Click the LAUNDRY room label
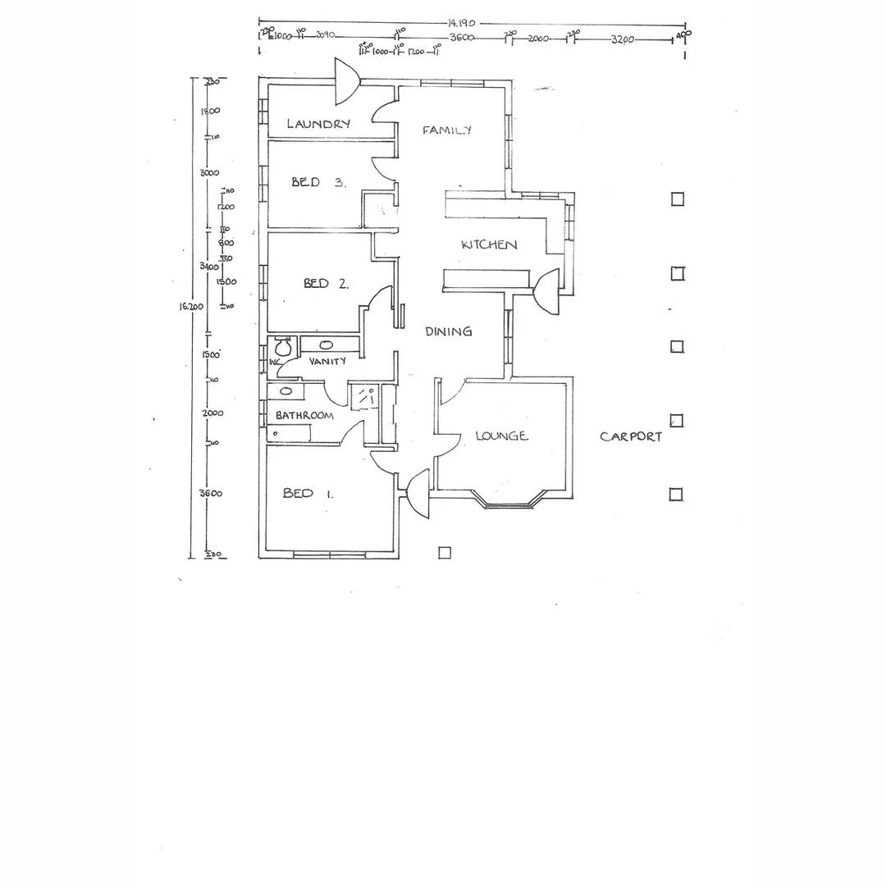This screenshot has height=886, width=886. pyautogui.click(x=318, y=124)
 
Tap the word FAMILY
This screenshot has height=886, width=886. pyautogui.click(x=447, y=130)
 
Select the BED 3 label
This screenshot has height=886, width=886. pyautogui.click(x=317, y=182)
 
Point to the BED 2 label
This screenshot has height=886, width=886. pyautogui.click(x=326, y=283)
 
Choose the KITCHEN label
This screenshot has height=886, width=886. pyautogui.click(x=489, y=244)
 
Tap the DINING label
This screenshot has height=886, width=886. pyautogui.click(x=448, y=331)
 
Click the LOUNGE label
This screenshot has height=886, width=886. pyautogui.click(x=501, y=436)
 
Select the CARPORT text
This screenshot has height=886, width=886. pyautogui.click(x=630, y=436)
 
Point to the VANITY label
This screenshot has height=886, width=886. pyautogui.click(x=327, y=361)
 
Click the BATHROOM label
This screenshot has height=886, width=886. pyautogui.click(x=304, y=415)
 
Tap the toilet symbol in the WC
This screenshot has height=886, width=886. pyautogui.click(x=282, y=344)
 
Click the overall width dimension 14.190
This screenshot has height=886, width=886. pyautogui.click(x=463, y=24)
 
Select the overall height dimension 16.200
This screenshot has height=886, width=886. pyautogui.click(x=190, y=306)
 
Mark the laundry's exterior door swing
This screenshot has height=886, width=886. pyautogui.click(x=346, y=82)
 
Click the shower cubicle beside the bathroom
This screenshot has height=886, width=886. pyautogui.click(x=363, y=396)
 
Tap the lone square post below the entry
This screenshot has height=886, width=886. pyautogui.click(x=445, y=553)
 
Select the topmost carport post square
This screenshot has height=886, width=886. pyautogui.click(x=678, y=199)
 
